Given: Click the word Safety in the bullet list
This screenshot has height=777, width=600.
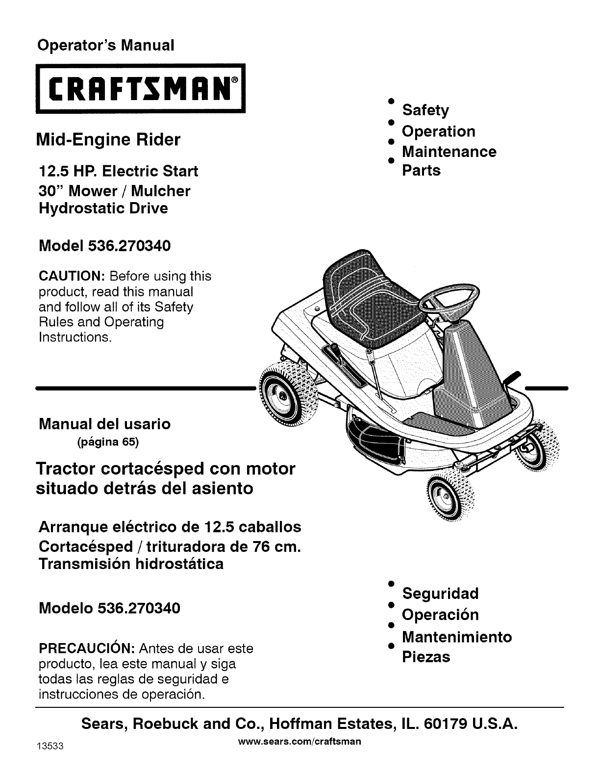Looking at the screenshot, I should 425,110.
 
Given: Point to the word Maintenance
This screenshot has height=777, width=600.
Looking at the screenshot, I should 449,152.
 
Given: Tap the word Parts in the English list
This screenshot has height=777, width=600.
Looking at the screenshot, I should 421,171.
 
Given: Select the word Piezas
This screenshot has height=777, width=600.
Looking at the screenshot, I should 426,657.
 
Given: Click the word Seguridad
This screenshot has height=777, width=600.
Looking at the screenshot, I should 440,594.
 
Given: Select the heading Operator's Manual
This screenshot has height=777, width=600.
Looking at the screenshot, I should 106,45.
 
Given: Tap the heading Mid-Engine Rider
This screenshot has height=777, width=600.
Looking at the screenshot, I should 109,140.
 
